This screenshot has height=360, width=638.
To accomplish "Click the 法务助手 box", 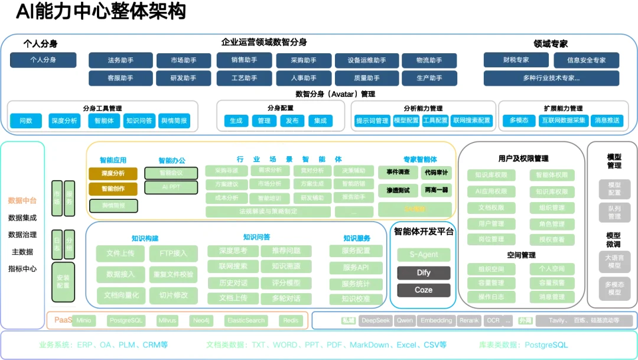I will coord(121,60).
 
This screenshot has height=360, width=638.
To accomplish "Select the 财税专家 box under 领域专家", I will coord(516,60).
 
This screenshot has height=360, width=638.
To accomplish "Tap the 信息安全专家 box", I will coord(586,60).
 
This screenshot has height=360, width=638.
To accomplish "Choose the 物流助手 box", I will coord(429,60).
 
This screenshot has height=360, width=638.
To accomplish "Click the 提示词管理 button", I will coord(372,121).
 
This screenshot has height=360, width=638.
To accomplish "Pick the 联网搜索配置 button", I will coord(471,121).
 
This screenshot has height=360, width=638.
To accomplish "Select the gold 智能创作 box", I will coord(113,189).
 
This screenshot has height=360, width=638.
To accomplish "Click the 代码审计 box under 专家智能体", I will coord(436,173).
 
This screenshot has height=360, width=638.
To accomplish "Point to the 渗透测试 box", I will coord(398,191).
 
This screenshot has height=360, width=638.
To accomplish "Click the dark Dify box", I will coord(424,273).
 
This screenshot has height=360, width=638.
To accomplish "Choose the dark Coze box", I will coord(424,290).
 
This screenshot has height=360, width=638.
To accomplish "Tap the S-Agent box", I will coord(424,255).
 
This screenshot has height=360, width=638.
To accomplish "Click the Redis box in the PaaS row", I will coord(291,321).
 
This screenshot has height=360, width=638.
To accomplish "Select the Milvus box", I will coord(167,321).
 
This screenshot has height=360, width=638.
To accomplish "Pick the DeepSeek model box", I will coord(376,321).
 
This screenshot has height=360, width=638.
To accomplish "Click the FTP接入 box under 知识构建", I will coord(173,254).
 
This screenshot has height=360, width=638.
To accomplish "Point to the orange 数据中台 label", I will coord(22,201).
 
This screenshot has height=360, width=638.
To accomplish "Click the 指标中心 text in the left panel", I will coord(22,269).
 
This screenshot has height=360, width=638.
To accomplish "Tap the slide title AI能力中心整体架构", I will coord(101,11).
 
